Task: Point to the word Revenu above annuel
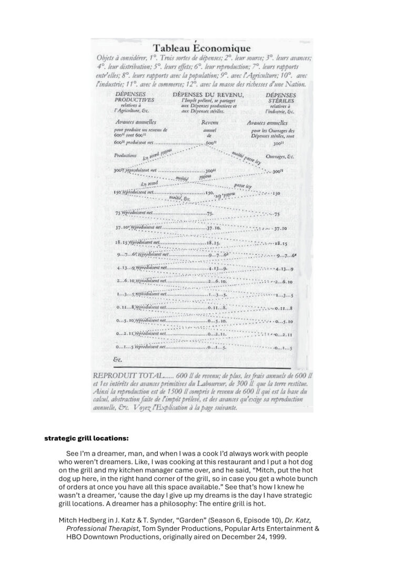pyautogui.click(x=209, y=122)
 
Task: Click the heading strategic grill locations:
pyautogui.click(x=86, y=437)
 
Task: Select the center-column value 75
pyautogui.click(x=209, y=213)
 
